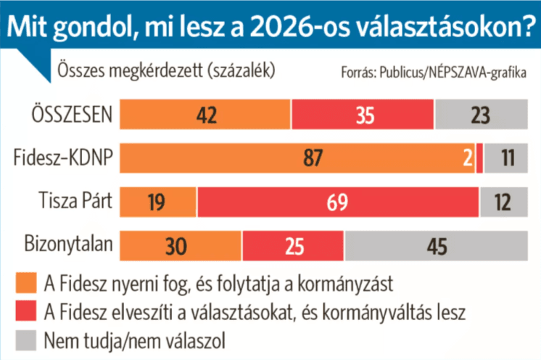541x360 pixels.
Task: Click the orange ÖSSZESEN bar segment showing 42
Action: [x=205, y=114]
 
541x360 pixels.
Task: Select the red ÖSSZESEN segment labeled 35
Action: [x=363, y=114]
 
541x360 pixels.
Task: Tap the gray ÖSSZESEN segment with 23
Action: [x=479, y=114]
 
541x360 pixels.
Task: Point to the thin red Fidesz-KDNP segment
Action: [x=480, y=157]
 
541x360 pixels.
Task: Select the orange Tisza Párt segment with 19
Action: [x=158, y=201]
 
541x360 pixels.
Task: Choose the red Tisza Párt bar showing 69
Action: [x=337, y=201]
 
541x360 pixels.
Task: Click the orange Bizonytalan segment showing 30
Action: [x=181, y=245]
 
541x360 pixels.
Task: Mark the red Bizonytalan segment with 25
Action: [x=293, y=245]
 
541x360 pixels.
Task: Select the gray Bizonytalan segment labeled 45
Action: [x=434, y=245]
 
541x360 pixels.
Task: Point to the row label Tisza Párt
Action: [x=75, y=201]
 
